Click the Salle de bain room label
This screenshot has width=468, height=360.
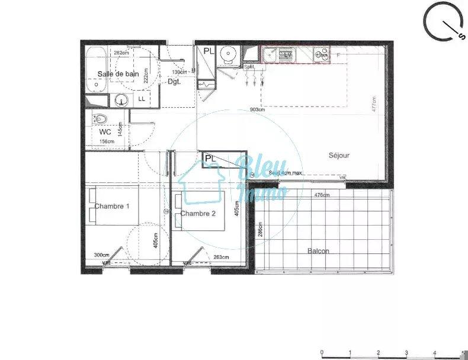click(x=118, y=73)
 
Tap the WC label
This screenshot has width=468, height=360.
click(x=105, y=131)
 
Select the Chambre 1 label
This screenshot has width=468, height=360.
click(x=112, y=206)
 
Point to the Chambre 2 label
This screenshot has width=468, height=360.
click(x=198, y=213)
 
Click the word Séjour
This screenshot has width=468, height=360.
click(x=339, y=156)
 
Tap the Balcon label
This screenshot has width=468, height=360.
click(x=318, y=251)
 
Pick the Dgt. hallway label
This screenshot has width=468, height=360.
click(x=174, y=82)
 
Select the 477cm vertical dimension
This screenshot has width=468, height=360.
click(x=373, y=105)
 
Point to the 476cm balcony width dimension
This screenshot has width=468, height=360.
click(x=322, y=195)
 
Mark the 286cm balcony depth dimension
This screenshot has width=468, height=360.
click(x=259, y=229)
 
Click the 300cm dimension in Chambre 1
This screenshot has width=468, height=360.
click(x=102, y=255)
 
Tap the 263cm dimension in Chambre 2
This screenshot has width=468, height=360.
click(x=222, y=256)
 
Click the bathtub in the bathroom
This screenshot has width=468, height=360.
click(x=96, y=69)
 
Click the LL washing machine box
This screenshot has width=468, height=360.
click(x=142, y=99)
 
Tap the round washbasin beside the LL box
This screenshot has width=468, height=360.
click(x=122, y=99)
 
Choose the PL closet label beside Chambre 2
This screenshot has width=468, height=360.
click(x=210, y=158)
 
